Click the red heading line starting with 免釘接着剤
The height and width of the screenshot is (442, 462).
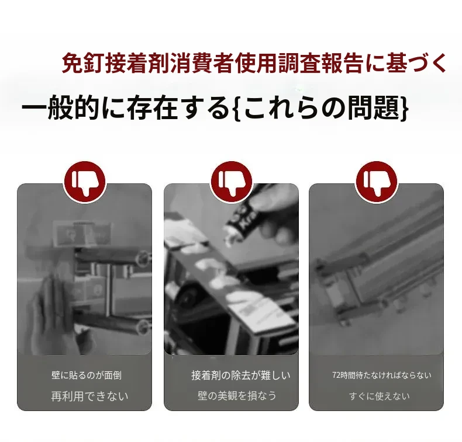[x=254, y=62]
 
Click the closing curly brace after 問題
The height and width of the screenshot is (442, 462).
[x=404, y=107]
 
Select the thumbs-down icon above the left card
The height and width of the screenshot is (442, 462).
[x=85, y=182]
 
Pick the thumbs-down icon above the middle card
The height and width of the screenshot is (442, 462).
[x=232, y=182]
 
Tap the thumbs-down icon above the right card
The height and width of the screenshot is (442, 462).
[x=376, y=182]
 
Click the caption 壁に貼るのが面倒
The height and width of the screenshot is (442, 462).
[x=87, y=375]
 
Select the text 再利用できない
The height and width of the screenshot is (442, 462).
[x=89, y=396]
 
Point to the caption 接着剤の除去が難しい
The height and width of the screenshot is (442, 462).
[x=240, y=375]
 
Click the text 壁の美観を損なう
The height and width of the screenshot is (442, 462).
[x=237, y=395]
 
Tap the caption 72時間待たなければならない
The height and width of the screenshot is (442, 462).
[x=381, y=375]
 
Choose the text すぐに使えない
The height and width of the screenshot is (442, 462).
[x=380, y=396]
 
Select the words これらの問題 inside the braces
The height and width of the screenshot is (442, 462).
[x=320, y=107]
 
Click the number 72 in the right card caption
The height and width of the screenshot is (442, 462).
[x=336, y=375]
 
